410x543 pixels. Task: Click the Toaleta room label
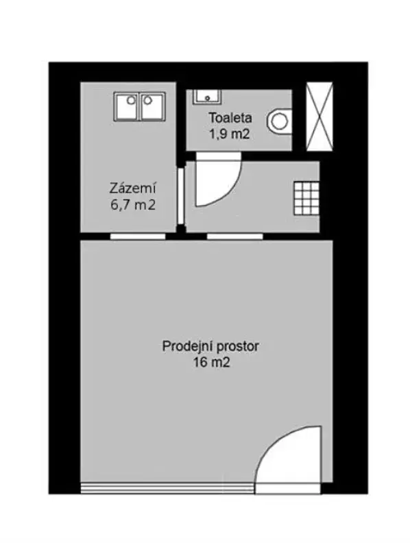click(x=230, y=118)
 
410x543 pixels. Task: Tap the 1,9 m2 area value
click(x=229, y=134)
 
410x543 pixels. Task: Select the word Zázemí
click(x=132, y=188)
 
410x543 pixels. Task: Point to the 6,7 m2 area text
click(x=132, y=205)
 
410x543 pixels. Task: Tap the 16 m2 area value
click(x=212, y=363)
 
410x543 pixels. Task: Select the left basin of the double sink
click(x=127, y=106)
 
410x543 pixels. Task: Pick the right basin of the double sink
click(x=152, y=106)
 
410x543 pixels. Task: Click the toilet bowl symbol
click(x=279, y=121)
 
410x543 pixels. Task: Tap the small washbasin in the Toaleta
click(x=207, y=96)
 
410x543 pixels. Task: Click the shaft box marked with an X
click(x=319, y=117)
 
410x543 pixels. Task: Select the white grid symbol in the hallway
click(x=306, y=198)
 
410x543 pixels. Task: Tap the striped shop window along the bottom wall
click(x=167, y=487)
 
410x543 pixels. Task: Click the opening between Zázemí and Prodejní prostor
click(x=138, y=237)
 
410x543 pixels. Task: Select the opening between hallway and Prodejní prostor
click(x=234, y=237)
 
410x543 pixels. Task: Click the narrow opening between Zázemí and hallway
click(x=181, y=196)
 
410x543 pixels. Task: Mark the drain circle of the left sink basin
click(x=131, y=100)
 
